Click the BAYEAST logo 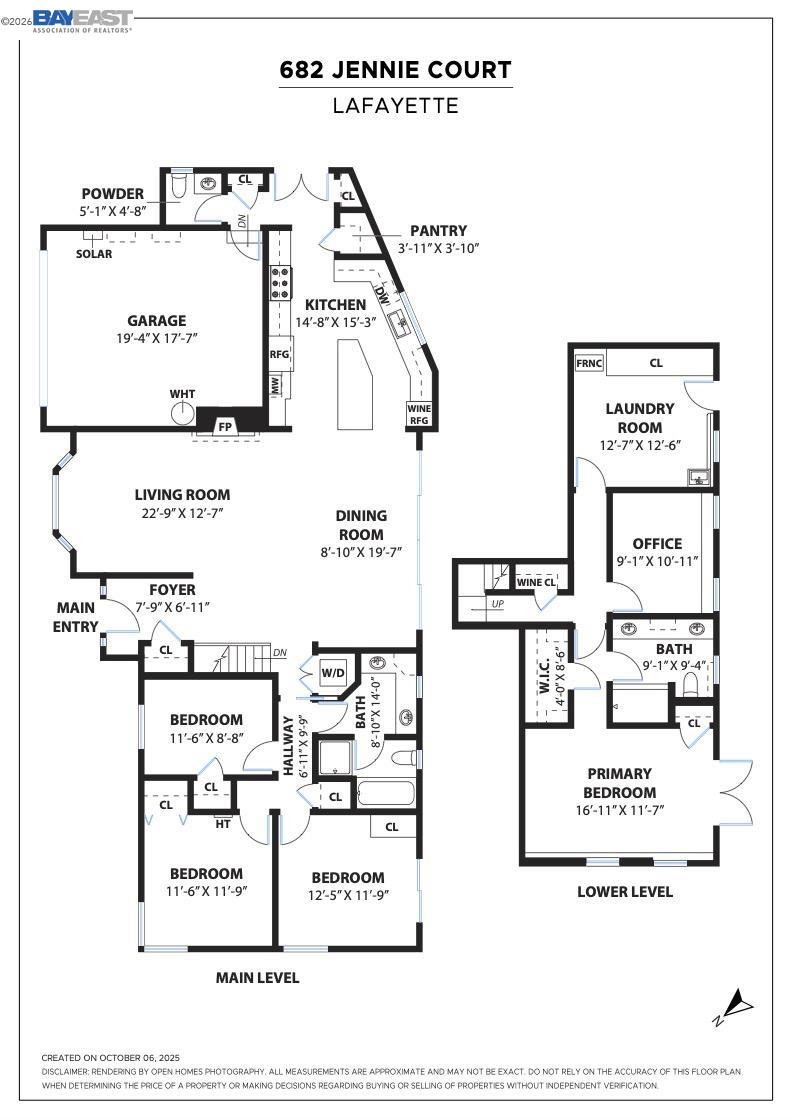tap(83, 21)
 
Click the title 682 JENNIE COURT tap(395, 70)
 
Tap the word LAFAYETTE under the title tap(395, 105)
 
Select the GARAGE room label tap(156, 321)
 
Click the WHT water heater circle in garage tap(182, 415)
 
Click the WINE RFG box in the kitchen tap(418, 414)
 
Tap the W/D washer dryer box tap(332, 673)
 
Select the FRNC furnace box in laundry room tap(589, 363)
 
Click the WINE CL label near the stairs tap(536, 582)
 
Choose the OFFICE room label tap(658, 544)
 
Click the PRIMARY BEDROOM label tap(620, 783)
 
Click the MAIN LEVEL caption tap(257, 978)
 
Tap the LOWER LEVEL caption tap(625, 891)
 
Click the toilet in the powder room tap(179, 185)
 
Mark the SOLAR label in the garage tap(94, 254)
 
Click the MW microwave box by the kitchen tap(275, 384)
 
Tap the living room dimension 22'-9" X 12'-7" tap(182, 513)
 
